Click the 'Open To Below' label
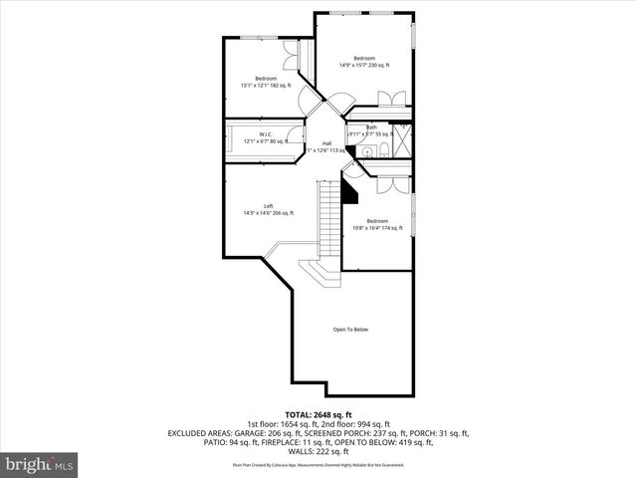pos(350,330)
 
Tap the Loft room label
pos(268,205)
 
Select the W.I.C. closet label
pos(266,133)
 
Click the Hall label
pos(326,143)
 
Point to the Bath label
pos(370,127)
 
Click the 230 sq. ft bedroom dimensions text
pos(364,66)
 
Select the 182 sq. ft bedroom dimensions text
pos(266,86)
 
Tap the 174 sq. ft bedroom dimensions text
pos(377,228)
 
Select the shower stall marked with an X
pos(404,140)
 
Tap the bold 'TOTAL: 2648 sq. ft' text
pos(318,414)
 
